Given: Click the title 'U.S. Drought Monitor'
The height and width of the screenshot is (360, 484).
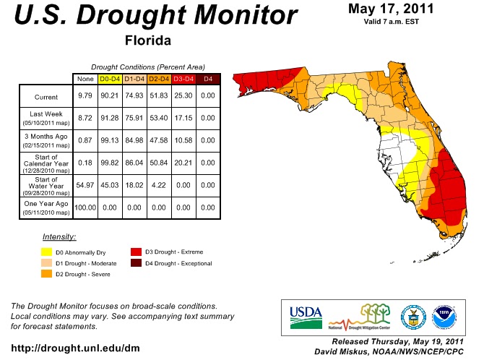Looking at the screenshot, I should [x=152, y=16].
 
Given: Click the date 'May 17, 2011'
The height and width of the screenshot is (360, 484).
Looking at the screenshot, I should [x=391, y=9].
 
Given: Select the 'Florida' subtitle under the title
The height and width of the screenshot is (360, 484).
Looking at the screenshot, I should [x=148, y=40].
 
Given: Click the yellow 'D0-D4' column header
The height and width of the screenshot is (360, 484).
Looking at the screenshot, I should [x=109, y=78].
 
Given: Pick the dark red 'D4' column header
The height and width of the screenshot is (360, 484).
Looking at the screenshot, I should [x=208, y=78].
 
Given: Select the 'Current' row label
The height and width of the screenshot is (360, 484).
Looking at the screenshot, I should [x=46, y=97].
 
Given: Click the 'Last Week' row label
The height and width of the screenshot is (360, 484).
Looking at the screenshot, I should [x=46, y=114].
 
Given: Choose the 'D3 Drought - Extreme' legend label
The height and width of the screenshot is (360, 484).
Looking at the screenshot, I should [x=176, y=252].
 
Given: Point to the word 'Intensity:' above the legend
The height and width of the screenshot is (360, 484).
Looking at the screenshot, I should [x=60, y=237].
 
